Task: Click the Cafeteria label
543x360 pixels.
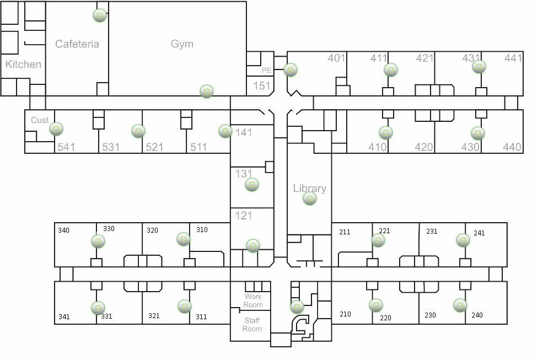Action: (x=77, y=44)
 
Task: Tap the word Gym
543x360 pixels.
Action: (x=182, y=44)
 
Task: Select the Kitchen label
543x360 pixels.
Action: (x=23, y=65)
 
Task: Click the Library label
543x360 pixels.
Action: (x=309, y=188)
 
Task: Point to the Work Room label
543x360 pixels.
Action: (x=253, y=300)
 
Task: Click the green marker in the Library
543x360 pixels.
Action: (x=310, y=199)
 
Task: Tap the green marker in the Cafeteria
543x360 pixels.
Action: (x=99, y=15)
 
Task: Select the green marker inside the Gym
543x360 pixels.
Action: (x=206, y=91)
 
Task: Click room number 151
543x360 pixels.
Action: (x=261, y=86)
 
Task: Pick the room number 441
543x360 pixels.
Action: (x=513, y=58)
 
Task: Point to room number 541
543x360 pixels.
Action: (x=66, y=147)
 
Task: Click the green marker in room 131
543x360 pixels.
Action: (x=251, y=184)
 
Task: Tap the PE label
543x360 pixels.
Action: (x=267, y=71)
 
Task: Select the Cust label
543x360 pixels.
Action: (x=40, y=120)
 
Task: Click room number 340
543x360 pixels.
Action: (x=64, y=230)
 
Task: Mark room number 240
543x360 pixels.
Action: (x=477, y=315)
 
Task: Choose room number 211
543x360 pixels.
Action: (x=345, y=232)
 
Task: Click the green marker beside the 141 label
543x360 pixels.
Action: (x=225, y=131)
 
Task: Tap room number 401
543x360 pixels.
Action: (x=336, y=58)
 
